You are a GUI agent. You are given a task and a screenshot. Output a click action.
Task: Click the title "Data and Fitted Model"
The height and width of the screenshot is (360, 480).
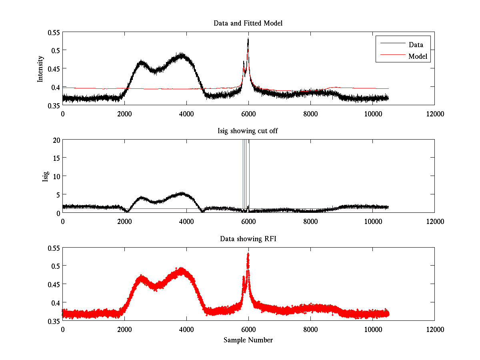coord(248,23)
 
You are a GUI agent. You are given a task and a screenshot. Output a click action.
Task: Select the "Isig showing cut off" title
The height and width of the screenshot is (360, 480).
coord(248,131)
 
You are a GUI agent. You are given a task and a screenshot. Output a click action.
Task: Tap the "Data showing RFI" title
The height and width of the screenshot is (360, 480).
coord(248,239)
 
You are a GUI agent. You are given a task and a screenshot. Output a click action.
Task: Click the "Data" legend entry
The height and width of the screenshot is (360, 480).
coord(416,44)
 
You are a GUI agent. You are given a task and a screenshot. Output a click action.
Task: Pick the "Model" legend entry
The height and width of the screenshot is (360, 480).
coord(418,56)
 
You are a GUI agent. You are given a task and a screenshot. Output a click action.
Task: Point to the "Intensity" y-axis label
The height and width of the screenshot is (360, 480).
coord(40,68)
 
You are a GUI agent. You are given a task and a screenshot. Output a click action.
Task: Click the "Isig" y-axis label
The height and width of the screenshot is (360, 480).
coord(45,176)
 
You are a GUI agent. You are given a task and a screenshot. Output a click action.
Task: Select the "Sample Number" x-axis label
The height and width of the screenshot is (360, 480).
coord(248,340)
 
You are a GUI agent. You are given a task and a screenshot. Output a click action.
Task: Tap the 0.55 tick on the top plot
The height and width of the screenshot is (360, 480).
coord(54,32)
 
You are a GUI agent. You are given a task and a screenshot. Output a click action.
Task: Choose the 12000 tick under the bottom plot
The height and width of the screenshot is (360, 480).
coord(434,329)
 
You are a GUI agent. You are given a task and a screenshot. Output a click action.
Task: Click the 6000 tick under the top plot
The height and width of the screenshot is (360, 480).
coord(248,114)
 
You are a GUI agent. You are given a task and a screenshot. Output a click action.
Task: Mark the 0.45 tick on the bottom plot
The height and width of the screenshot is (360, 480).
coord(54,284)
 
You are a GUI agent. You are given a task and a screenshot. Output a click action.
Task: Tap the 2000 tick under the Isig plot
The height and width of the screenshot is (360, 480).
coord(124,221)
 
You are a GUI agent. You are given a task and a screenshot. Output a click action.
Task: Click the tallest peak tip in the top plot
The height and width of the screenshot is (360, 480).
coord(248,38)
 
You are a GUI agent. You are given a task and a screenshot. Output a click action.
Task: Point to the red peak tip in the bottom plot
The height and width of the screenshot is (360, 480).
coord(248,253)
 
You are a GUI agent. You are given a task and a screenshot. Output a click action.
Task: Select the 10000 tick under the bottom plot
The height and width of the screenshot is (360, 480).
coord(372,329)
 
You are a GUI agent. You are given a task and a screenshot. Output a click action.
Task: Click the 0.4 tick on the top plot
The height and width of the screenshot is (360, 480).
coord(56,87)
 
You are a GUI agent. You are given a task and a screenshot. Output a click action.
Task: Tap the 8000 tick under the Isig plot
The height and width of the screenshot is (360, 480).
coord(310,221)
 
